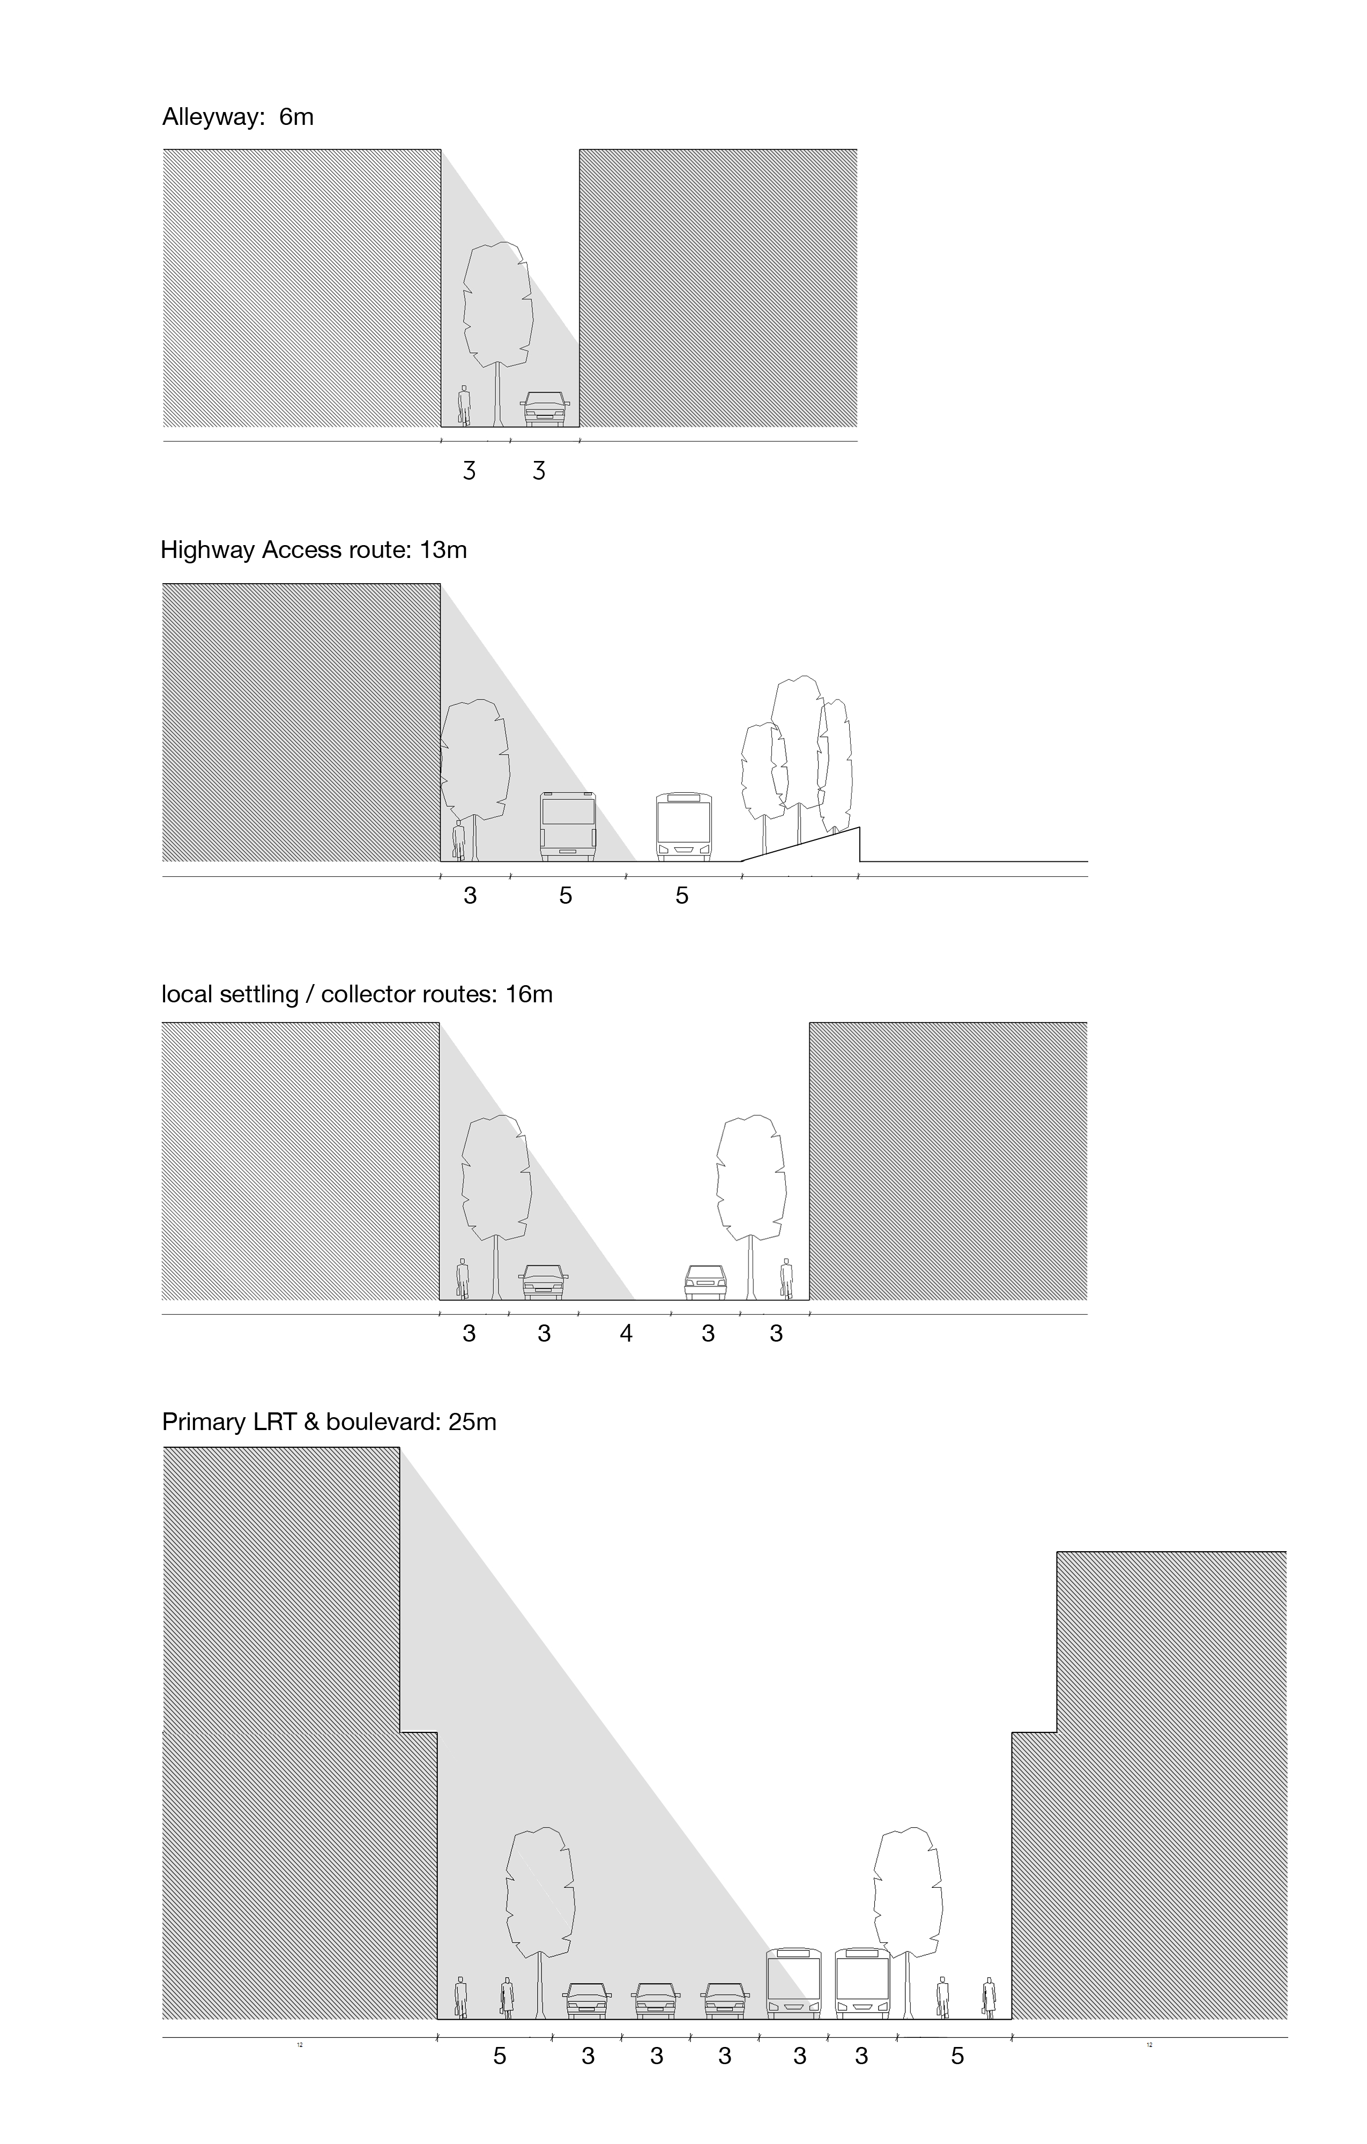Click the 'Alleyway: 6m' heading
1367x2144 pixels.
(238, 117)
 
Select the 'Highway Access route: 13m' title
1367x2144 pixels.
(314, 550)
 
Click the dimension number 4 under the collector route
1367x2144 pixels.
(626, 1333)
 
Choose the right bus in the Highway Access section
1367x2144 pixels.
(684, 827)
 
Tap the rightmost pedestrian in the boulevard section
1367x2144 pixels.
(989, 1997)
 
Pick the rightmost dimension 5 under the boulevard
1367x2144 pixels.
(957, 2056)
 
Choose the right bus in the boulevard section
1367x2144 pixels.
(862, 1983)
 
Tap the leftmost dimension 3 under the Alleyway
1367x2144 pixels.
(469, 471)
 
